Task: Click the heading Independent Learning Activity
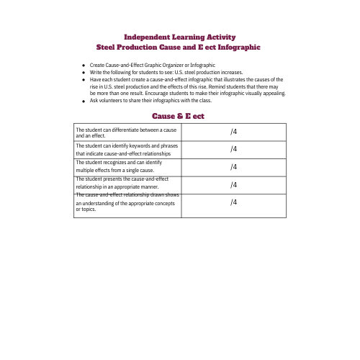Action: [180, 37]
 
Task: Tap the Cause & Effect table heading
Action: [180, 115]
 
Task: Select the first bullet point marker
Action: [84, 66]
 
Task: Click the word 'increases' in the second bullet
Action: [233, 73]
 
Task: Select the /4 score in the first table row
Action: [233, 132]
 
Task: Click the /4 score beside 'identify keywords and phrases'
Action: [233, 149]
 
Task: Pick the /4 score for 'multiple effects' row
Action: [233, 167]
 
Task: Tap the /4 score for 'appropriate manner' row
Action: [233, 184]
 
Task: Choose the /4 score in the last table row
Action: [233, 202]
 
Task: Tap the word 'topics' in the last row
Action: [88, 210]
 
